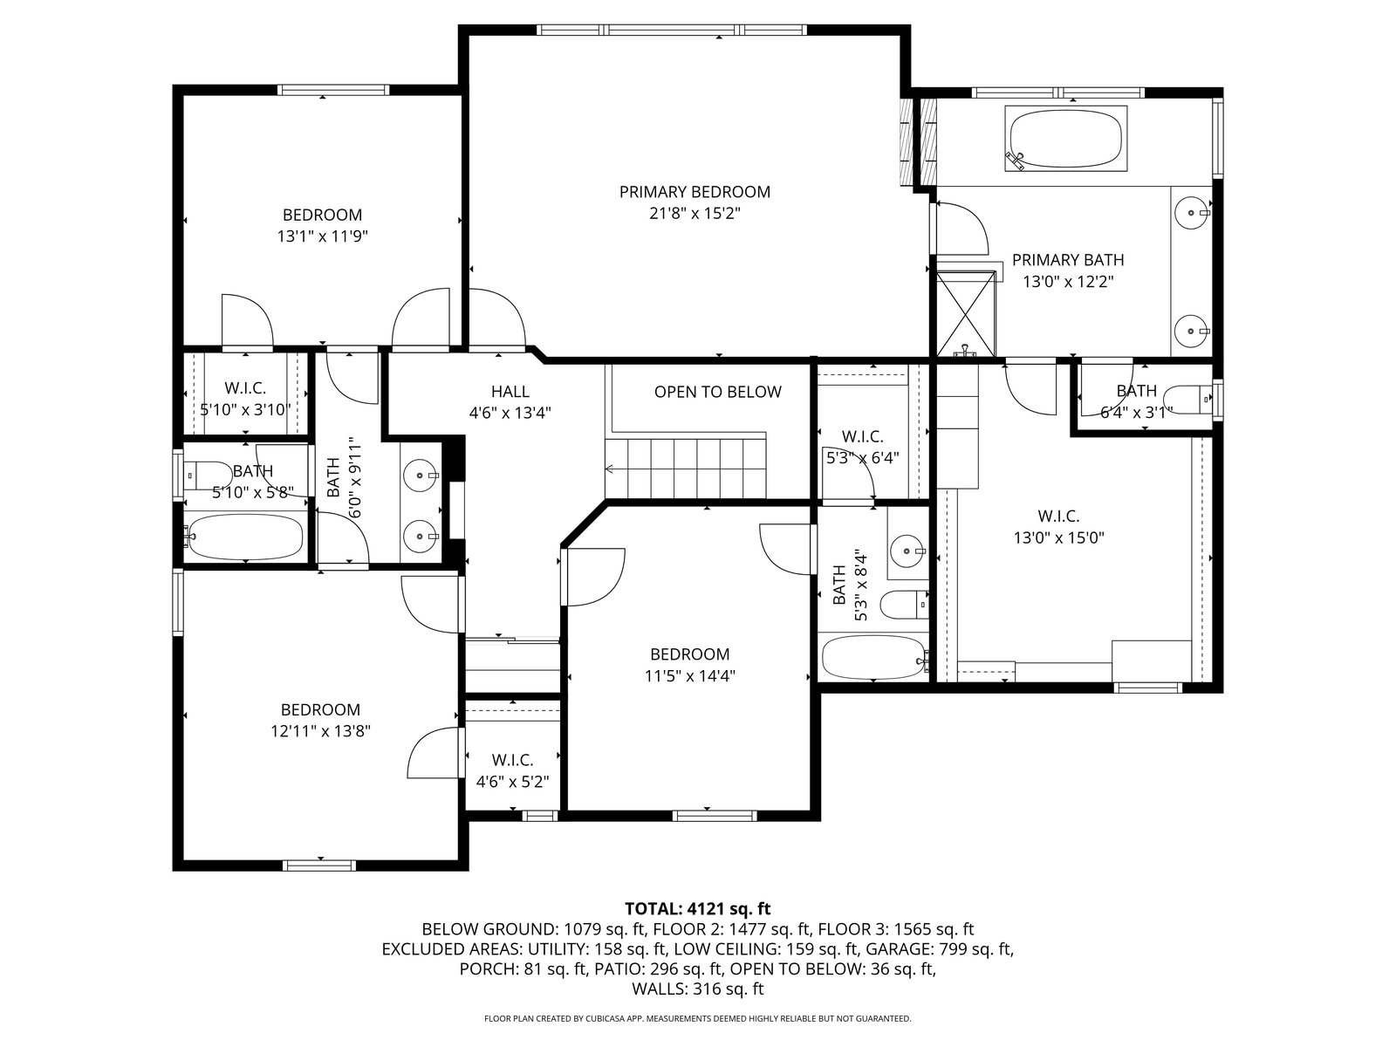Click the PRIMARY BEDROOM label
pyautogui.click(x=695, y=192)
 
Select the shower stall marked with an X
pyautogui.click(x=966, y=314)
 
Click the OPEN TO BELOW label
pyautogui.click(x=717, y=392)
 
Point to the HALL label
pyautogui.click(x=510, y=392)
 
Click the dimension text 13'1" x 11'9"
pyautogui.click(x=323, y=236)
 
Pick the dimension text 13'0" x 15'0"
pyautogui.click(x=1059, y=537)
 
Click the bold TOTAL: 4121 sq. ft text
pyautogui.click(x=698, y=908)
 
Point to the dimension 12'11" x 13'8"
pyautogui.click(x=320, y=731)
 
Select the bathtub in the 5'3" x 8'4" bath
pyautogui.click(x=874, y=658)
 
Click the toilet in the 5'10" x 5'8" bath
pyautogui.click(x=209, y=475)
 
